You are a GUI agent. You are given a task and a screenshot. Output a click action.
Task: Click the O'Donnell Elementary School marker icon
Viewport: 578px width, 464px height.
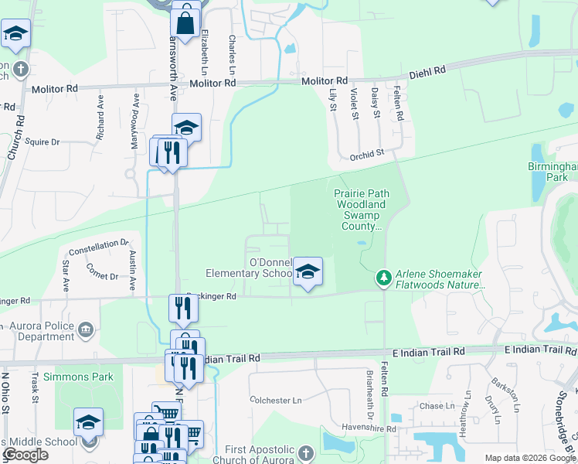(308, 271)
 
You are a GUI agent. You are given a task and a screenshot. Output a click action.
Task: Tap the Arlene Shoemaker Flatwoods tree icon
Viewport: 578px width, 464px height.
(382, 276)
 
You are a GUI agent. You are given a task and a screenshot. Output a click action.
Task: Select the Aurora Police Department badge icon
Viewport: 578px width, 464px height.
(85, 331)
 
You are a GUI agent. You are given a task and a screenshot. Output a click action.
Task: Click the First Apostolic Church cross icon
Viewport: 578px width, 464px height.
(305, 452)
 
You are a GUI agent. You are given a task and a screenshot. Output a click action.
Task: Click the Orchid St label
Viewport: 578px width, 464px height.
(367, 154)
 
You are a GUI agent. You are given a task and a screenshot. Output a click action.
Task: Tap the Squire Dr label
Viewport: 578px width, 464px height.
(42, 142)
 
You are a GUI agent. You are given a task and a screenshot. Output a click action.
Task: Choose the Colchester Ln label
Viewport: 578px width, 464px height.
(275, 401)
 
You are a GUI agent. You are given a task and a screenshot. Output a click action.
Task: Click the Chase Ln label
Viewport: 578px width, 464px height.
(437, 406)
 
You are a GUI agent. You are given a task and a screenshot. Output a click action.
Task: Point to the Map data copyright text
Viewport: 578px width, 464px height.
(529, 458)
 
